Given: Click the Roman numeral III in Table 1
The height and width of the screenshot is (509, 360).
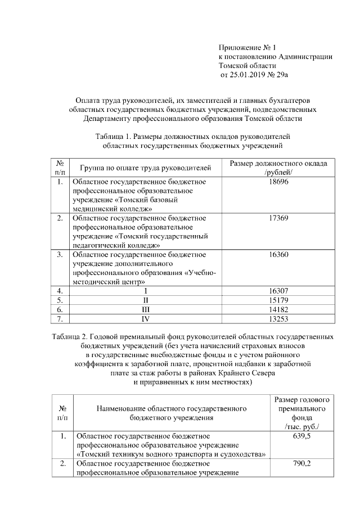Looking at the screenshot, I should (145, 309).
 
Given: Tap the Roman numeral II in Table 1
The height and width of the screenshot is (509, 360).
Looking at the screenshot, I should (145, 300).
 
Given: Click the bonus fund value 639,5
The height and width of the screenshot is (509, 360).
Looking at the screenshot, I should (301, 436).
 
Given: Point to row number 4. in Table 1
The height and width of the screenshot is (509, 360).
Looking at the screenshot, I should (59, 291).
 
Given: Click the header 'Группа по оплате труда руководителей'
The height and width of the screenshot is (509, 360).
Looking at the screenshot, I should (145, 168).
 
